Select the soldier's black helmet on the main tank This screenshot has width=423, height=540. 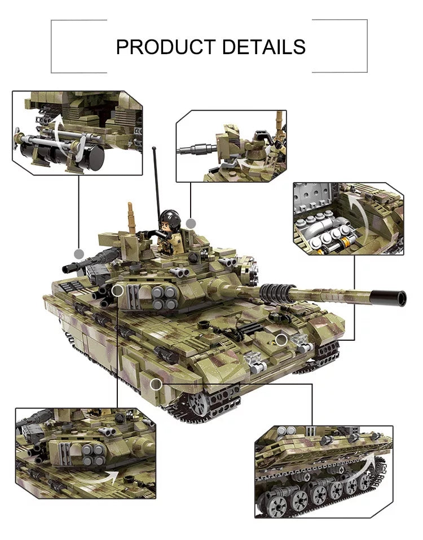click(170, 218)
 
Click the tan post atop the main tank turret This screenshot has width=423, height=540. click(132, 217)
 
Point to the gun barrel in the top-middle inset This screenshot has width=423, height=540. click(195, 151)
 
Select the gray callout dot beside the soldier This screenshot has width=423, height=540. click(191, 223)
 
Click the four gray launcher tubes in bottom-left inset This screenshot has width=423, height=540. click(93, 455)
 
